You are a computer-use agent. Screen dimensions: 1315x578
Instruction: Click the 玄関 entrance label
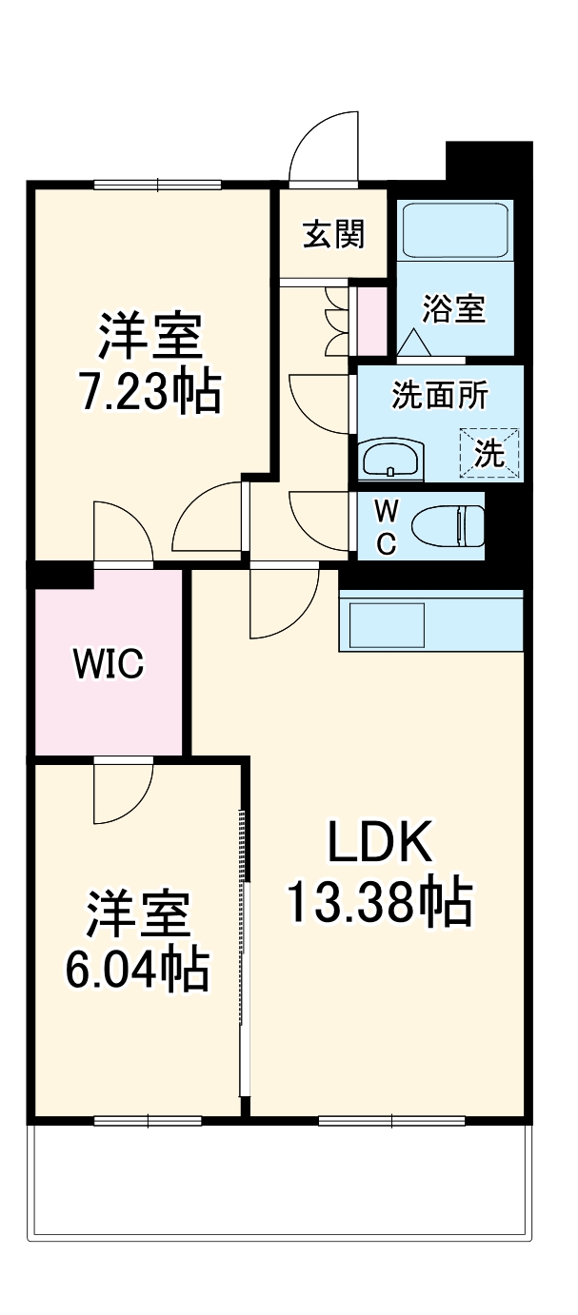(x=333, y=234)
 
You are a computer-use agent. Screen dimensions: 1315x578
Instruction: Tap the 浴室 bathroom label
(x=454, y=308)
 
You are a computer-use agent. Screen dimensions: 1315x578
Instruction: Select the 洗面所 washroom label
(x=440, y=397)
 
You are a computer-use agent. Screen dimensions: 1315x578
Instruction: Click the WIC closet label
(x=110, y=663)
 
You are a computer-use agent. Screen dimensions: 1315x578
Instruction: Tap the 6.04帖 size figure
(x=137, y=969)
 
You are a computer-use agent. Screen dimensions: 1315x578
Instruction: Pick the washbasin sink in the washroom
(x=390, y=460)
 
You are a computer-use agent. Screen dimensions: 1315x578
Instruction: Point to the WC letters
(x=385, y=527)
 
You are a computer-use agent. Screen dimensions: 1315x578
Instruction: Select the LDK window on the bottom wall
(x=391, y=1120)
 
